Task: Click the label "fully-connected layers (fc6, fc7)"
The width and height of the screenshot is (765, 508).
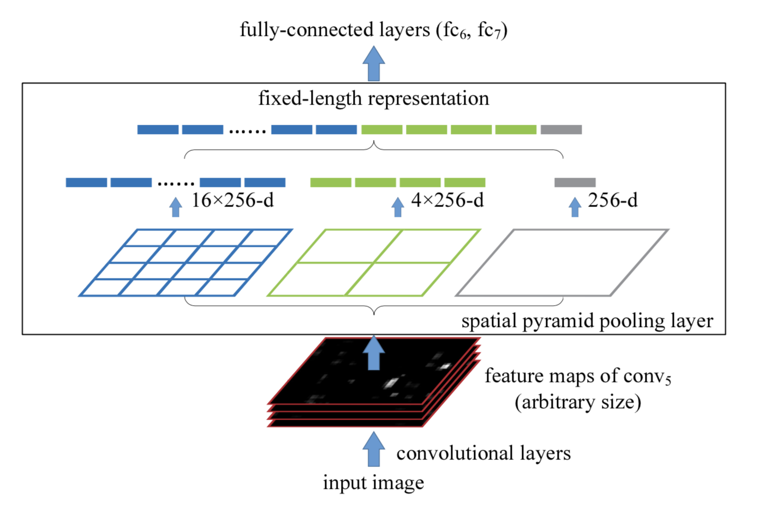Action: point(374,30)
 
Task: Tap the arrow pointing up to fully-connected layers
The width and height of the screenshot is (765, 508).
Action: point(374,64)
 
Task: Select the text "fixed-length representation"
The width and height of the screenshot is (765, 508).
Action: point(374,99)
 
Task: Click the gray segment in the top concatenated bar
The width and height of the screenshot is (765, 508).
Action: point(561,130)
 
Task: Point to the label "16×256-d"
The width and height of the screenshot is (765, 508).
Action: point(232,201)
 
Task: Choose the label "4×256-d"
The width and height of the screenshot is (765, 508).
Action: point(447,201)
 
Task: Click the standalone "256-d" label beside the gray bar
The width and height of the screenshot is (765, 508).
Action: point(612,201)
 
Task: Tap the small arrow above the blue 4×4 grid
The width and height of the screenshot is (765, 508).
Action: point(175,207)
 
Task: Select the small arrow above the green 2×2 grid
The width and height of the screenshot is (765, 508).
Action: point(398,207)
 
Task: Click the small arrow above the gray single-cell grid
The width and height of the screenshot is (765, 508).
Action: point(575,207)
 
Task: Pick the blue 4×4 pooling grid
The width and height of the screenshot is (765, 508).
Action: point(186,263)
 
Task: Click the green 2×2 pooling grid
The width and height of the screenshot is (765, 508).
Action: point(374,263)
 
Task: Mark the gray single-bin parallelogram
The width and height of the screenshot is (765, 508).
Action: point(562,263)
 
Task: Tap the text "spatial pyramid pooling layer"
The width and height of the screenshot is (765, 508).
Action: point(587,321)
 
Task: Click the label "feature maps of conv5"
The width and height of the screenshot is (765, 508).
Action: point(578,376)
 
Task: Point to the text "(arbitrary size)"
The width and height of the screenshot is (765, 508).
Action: point(578,402)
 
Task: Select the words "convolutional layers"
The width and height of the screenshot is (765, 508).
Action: point(483,453)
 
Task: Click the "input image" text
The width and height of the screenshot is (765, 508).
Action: point(373,483)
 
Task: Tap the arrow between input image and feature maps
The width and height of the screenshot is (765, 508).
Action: point(374,450)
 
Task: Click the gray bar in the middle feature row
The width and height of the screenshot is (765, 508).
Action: point(575,183)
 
